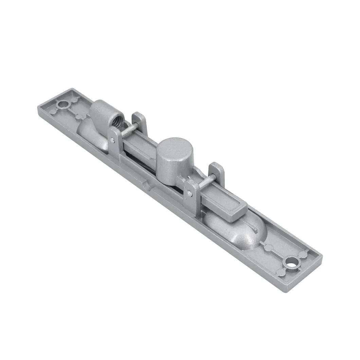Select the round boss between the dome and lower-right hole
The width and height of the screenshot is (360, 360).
click(268, 247)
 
